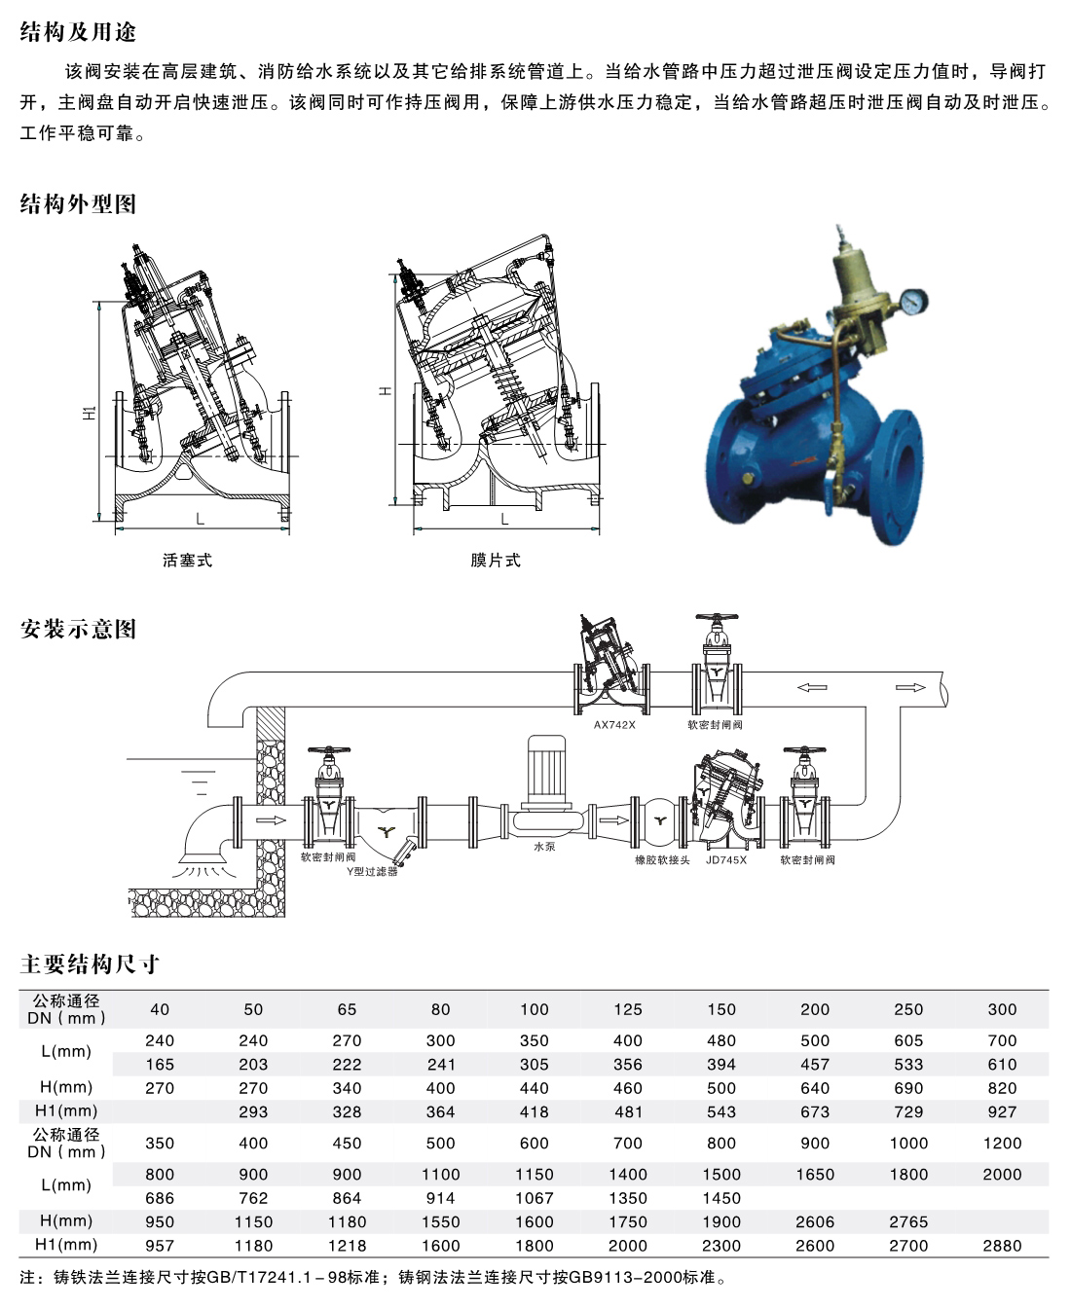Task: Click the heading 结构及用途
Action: click(78, 31)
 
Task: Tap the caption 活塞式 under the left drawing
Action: click(187, 561)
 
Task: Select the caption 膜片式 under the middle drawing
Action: click(495, 561)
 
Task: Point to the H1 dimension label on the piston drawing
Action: click(90, 412)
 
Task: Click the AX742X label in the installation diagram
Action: click(614, 724)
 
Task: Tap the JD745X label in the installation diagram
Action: click(726, 860)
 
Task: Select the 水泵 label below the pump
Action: click(544, 847)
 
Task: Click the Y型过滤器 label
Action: click(372, 871)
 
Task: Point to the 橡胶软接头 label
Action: click(662, 860)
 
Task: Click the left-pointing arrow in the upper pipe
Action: click(812, 687)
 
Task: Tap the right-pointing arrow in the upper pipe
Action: click(910, 687)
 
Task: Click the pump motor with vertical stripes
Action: click(546, 769)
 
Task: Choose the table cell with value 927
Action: click(1002, 1111)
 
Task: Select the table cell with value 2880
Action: click(1002, 1246)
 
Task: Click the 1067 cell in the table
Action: click(534, 1198)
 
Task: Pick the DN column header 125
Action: click(628, 1010)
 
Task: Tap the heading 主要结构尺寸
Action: click(90, 964)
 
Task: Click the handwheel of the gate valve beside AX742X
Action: click(718, 618)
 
